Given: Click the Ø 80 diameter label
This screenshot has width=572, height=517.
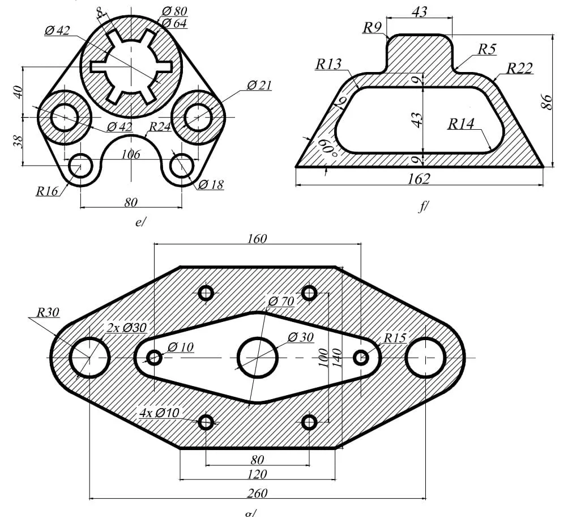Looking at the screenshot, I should pyautogui.click(x=174, y=11).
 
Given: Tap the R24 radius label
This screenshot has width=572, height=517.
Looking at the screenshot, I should pyautogui.click(x=160, y=127).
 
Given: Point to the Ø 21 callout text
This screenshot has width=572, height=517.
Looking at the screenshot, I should pyautogui.click(x=259, y=86).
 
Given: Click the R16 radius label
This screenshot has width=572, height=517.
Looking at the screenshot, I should pyautogui.click(x=48, y=191).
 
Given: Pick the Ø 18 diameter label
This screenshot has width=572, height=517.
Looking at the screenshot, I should pyautogui.click(x=211, y=184).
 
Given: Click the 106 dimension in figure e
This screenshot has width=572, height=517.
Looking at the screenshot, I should pyautogui.click(x=131, y=154).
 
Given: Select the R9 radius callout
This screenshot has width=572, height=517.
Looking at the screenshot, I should pyautogui.click(x=373, y=27).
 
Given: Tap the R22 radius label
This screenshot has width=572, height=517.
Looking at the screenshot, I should pyautogui.click(x=519, y=69).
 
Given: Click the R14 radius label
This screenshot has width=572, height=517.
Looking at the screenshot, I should pyautogui.click(x=461, y=124).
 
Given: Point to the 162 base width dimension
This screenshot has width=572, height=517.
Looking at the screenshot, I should pyautogui.click(x=419, y=179).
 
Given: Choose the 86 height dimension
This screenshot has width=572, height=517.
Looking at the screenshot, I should pyautogui.click(x=547, y=101).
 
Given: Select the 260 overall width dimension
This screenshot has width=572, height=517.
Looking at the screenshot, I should pyautogui.click(x=257, y=493).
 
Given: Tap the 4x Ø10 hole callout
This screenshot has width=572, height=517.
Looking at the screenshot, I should pyautogui.click(x=159, y=413).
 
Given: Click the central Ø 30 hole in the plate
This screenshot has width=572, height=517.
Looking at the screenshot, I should pyautogui.click(x=258, y=358).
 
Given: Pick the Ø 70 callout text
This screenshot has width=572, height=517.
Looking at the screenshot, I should pyautogui.click(x=281, y=301).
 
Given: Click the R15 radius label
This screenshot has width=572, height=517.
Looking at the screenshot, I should pyautogui.click(x=395, y=338).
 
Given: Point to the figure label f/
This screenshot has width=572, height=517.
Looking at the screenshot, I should pyautogui.click(x=422, y=207).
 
